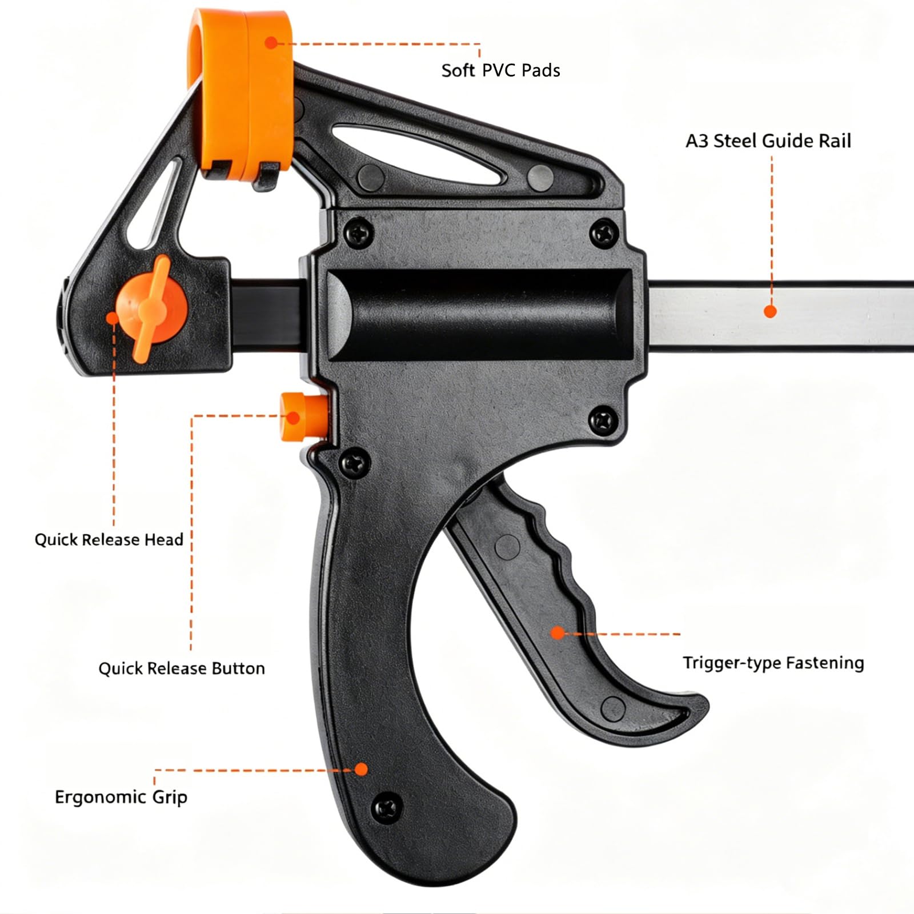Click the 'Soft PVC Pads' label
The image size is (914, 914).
500,70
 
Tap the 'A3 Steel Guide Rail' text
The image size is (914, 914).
768,141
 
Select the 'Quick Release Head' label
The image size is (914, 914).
109,540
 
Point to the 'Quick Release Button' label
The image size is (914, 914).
182,668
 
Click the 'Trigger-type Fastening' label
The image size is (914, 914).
773,663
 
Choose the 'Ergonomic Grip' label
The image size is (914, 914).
121,797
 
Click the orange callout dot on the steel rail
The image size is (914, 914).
770,311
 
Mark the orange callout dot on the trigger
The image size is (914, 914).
558,632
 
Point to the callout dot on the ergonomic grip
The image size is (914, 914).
360,769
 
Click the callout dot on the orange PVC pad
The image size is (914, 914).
271,42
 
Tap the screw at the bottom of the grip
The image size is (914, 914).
386,807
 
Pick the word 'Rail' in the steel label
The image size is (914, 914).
835,141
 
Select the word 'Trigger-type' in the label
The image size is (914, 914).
731,663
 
